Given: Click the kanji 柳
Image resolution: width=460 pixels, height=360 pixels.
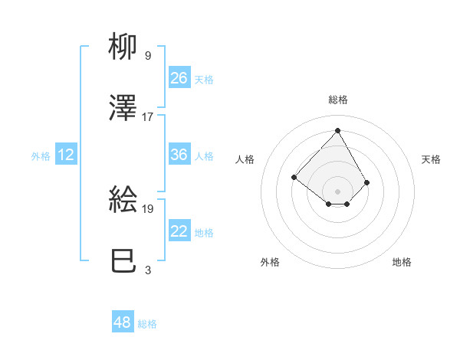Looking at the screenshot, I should click(x=124, y=47).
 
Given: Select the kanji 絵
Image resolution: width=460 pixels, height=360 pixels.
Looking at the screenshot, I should click(x=124, y=200).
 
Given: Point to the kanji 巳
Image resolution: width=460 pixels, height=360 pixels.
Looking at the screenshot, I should click(x=124, y=261).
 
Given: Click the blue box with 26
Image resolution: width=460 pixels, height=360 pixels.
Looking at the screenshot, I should click(x=179, y=77).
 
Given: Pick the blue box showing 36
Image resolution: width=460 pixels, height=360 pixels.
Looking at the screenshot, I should click(x=179, y=155).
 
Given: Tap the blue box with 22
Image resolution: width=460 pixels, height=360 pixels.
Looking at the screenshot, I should click(x=179, y=231).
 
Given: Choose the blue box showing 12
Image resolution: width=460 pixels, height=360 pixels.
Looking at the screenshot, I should click(x=65, y=155).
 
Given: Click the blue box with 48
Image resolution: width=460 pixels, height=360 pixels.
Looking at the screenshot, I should click(x=123, y=322).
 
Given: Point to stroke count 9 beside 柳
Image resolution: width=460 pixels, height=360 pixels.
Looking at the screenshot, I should click(x=147, y=55).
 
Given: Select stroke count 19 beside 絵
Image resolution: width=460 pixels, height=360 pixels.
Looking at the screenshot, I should click(x=148, y=208).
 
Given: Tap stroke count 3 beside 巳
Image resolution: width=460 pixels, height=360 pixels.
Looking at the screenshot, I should click(x=147, y=270).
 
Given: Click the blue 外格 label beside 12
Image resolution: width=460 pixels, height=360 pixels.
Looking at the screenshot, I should click(x=41, y=155).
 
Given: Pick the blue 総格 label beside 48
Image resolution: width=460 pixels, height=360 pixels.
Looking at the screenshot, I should click(x=147, y=324).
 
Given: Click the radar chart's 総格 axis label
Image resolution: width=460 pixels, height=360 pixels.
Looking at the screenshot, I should click(x=338, y=100).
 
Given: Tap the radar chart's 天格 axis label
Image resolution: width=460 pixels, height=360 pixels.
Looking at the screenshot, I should click(x=432, y=159).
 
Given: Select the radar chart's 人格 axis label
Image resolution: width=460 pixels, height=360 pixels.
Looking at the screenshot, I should click(x=245, y=159).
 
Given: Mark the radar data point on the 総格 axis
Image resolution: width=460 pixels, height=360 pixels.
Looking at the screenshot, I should click(x=338, y=130).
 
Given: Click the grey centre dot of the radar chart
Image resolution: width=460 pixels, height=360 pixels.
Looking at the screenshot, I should click(x=338, y=191).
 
